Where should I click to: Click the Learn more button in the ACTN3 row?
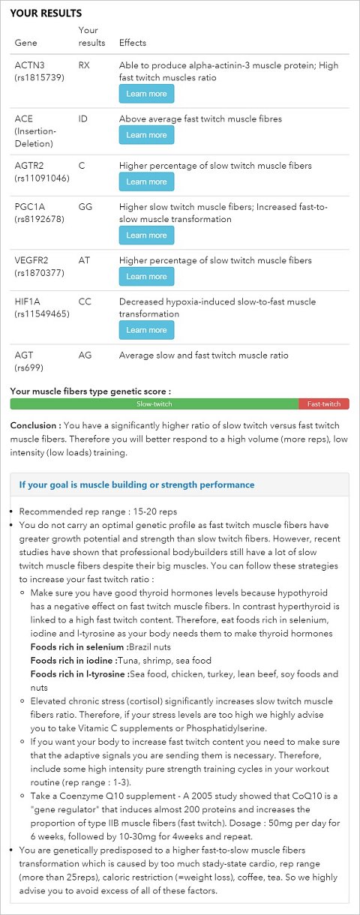(146, 94)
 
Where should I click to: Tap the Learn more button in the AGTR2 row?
(146, 181)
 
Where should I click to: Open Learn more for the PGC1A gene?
(146, 235)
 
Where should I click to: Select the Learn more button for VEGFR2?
(146, 276)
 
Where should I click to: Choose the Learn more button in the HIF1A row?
(146, 330)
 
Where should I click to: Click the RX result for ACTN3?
(84, 65)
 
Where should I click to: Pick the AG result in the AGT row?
(84, 355)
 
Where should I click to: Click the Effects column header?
(133, 43)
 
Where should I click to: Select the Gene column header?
(25, 43)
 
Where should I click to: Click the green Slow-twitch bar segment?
(154, 404)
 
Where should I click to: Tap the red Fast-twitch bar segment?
(324, 404)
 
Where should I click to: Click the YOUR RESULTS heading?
(46, 13)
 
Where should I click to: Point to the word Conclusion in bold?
(34, 425)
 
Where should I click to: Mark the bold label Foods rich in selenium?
(79, 646)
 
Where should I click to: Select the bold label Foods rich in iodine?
(73, 660)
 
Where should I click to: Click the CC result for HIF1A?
(84, 301)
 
